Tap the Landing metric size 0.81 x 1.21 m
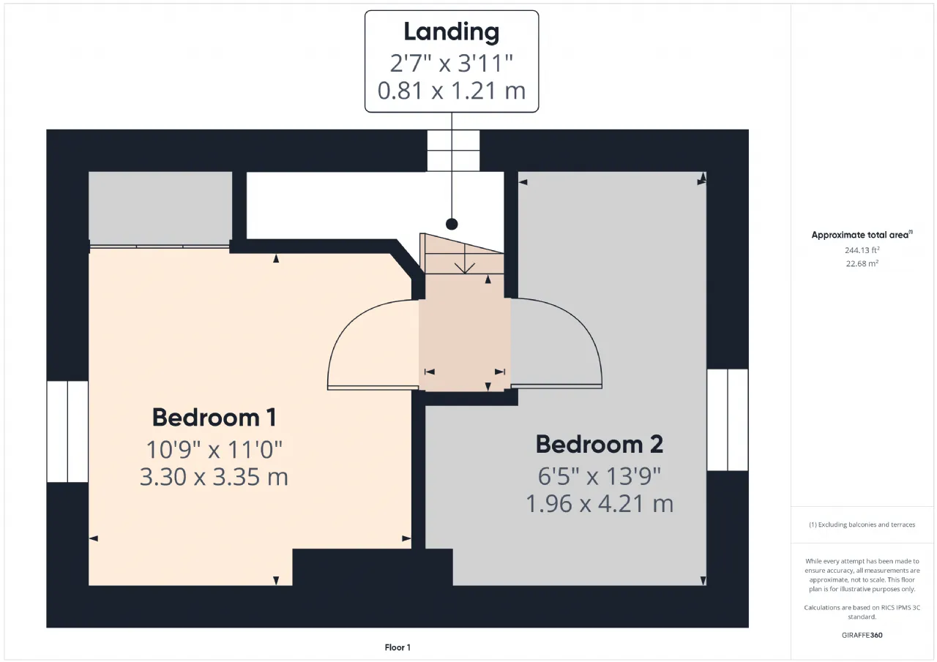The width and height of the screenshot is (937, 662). point(452,91)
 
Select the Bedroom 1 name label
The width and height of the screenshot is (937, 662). point(214,418)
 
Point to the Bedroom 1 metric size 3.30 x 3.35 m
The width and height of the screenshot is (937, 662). point(214,477)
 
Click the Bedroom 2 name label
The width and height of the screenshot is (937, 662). point(600,444)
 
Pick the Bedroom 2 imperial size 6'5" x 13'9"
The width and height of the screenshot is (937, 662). point(600,476)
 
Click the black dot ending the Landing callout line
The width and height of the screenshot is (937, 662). point(452,224)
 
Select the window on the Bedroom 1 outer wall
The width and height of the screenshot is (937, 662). point(67,432)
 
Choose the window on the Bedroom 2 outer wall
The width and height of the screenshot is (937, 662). point(728,420)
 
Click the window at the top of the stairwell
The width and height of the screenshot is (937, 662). point(453,151)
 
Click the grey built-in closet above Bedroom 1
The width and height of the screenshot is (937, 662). point(160,208)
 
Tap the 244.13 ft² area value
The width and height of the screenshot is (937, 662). point(862,250)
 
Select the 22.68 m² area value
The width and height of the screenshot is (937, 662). point(862,263)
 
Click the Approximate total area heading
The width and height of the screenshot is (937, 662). point(862,235)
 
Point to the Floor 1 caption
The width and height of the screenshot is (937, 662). point(397,647)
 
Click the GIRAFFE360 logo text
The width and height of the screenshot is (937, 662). point(862,635)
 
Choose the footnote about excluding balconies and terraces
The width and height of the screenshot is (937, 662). point(862,524)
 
